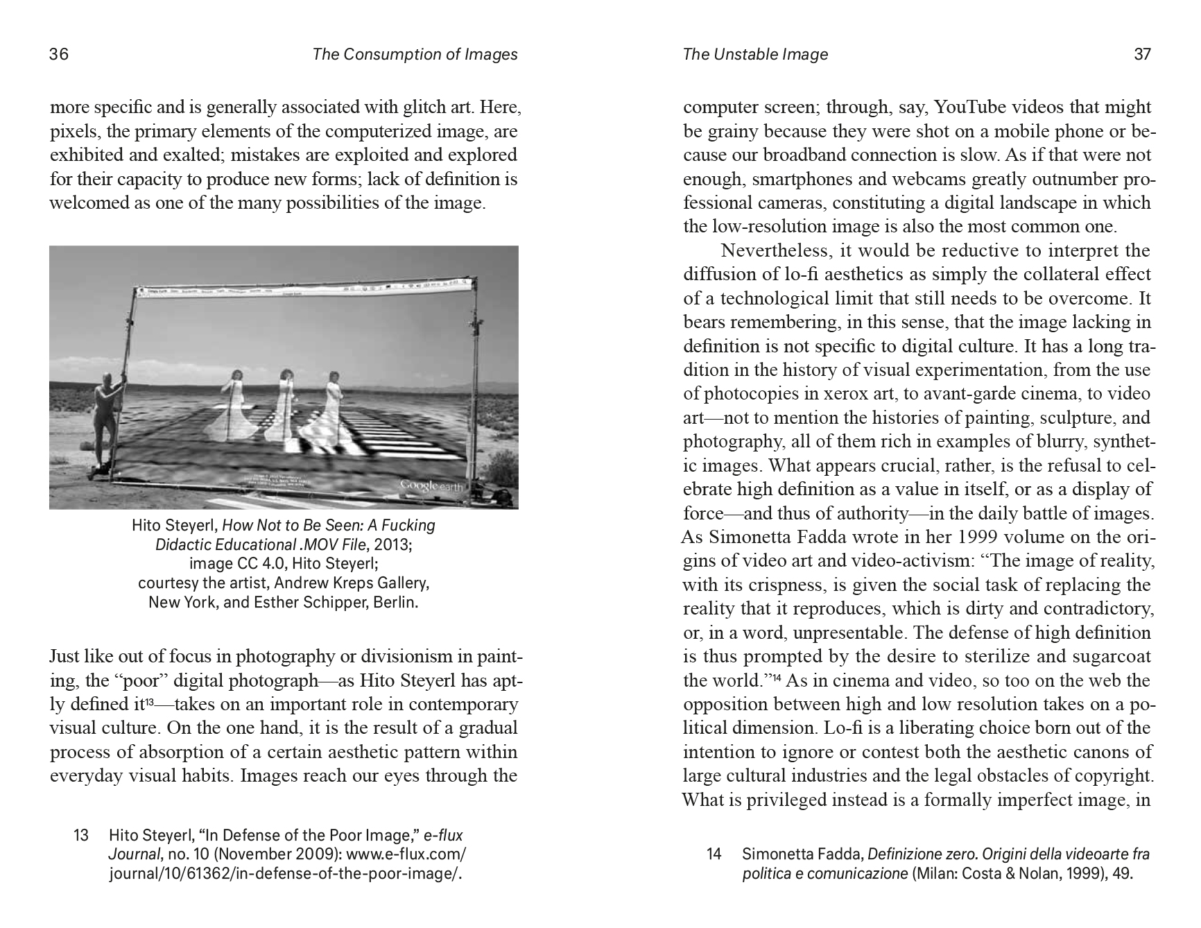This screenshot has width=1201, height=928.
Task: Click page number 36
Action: tap(59, 54)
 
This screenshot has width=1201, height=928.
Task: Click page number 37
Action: tap(1142, 54)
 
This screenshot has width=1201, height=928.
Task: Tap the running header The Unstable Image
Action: tap(755, 54)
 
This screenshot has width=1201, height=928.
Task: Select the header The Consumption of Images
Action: tap(415, 54)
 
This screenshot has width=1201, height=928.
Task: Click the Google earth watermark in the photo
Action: tap(431, 486)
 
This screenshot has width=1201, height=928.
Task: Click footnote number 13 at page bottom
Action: tap(81, 835)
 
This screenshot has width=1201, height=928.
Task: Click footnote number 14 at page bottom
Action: tap(714, 854)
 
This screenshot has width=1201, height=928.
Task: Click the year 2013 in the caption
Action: tap(395, 544)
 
